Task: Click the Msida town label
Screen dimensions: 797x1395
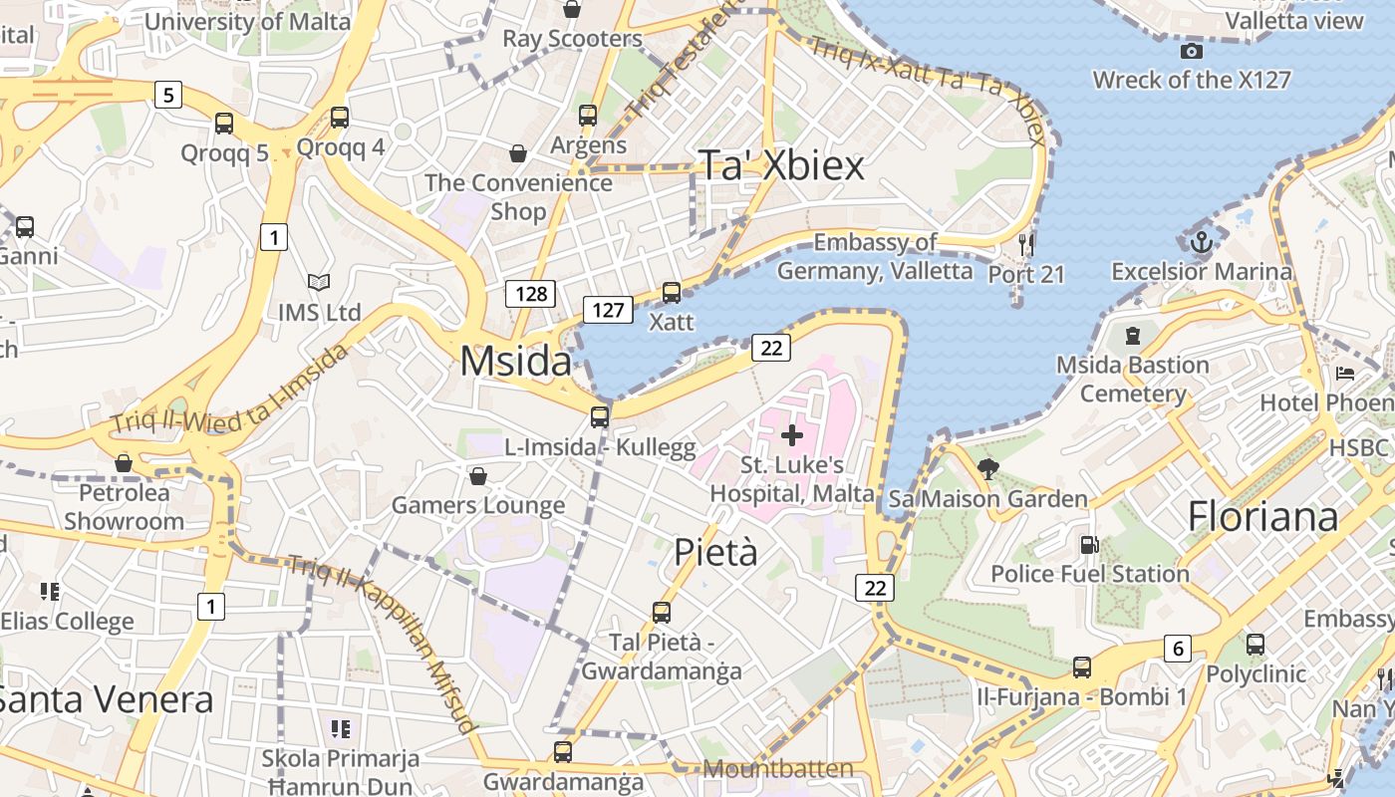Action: click(x=516, y=361)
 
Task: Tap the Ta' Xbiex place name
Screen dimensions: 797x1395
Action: click(x=781, y=165)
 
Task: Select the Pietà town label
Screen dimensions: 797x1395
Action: click(x=715, y=552)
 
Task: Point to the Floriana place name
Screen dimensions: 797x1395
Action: click(x=1262, y=516)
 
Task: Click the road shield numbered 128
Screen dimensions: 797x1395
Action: click(x=530, y=293)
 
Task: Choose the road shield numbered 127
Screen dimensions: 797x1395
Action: click(x=608, y=310)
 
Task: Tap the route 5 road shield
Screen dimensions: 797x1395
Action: click(x=168, y=96)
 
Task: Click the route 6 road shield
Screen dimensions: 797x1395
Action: click(x=1178, y=650)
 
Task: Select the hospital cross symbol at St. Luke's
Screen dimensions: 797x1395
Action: click(x=792, y=434)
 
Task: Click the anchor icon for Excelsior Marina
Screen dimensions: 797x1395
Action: click(x=1202, y=241)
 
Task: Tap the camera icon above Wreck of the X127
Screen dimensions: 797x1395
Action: click(x=1191, y=51)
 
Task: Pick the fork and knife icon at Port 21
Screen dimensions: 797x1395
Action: click(x=1026, y=244)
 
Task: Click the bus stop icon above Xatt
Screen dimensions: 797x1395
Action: click(x=672, y=293)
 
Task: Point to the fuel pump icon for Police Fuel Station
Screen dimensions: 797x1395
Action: click(x=1090, y=545)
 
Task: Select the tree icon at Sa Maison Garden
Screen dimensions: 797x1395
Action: click(x=988, y=468)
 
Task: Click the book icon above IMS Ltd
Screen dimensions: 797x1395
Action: click(x=319, y=283)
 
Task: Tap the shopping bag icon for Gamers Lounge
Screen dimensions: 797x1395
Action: click(x=478, y=476)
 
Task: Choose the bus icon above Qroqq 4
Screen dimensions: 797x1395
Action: click(x=340, y=118)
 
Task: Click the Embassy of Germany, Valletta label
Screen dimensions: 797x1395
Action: click(x=875, y=256)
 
